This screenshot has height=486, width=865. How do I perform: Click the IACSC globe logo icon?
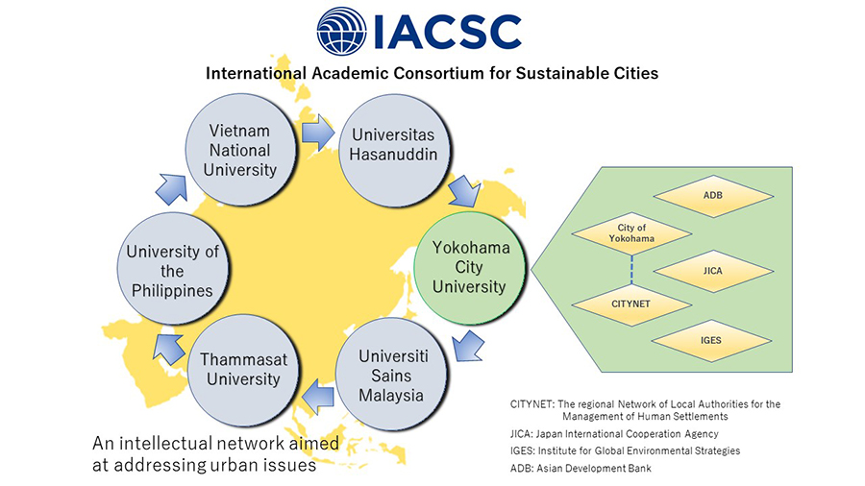coord(341,31)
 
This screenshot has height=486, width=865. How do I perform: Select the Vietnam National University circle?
coord(240,150)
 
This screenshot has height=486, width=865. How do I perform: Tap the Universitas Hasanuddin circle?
coord(393,151)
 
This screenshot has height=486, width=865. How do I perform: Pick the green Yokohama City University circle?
coord(469,267)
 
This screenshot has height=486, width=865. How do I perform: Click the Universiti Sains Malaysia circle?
coord(391,375)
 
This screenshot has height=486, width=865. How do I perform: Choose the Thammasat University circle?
coord(243,370)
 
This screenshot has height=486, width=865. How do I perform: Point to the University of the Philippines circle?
coord(173,269)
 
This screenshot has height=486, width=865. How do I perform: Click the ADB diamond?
coord(713,196)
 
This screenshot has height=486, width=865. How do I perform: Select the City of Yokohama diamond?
coord(631,233)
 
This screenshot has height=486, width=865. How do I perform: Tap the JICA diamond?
coord(713,271)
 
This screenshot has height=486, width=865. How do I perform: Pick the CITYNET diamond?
coord(631,304)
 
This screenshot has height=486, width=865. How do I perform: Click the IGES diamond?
coord(711,341)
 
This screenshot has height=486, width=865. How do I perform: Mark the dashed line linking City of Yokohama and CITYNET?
coord(631,270)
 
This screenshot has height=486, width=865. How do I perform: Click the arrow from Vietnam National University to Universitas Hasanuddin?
coord(318,133)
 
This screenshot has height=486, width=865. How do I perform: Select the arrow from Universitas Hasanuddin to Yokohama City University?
coord(464,190)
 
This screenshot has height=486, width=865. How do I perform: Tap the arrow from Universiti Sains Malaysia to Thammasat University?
coord(318,397)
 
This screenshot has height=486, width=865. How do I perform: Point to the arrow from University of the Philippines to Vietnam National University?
coord(172,189)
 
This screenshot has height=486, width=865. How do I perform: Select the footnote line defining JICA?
coord(614,434)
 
